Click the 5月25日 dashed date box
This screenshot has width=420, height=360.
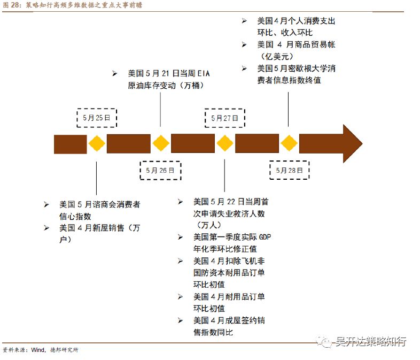click(97, 118)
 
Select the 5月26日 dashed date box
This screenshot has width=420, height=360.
click(160, 170)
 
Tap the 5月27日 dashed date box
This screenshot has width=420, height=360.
click(224, 118)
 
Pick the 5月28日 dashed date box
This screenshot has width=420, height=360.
click(289, 170)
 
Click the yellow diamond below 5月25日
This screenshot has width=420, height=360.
click(97, 143)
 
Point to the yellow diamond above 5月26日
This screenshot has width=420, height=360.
click(161, 143)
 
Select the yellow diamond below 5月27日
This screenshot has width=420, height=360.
click(225, 143)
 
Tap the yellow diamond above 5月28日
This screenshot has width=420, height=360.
click(289, 143)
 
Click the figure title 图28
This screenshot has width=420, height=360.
click(12, 5)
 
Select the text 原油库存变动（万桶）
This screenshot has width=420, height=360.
click(165, 85)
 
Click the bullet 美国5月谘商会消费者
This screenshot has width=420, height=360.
click(99, 204)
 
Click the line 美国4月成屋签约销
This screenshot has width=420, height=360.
click(229, 320)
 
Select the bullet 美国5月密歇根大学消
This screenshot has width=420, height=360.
click(296, 68)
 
